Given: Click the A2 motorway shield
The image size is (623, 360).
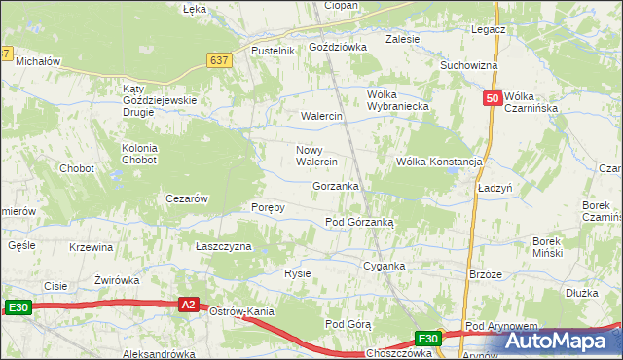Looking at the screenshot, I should pyautogui.click(x=191, y=306).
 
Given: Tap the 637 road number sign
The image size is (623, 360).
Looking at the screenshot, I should pyautogui.click(x=219, y=60).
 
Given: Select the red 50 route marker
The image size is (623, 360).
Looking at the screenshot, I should pyautogui.click(x=493, y=98).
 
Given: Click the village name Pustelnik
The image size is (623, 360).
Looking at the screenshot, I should pyautogui.click(x=273, y=51).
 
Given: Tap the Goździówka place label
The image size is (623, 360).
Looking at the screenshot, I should pyautogui.click(x=337, y=46).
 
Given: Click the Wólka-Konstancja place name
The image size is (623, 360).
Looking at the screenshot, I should pyautogui.click(x=439, y=162).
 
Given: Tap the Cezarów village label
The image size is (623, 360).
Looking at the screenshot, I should pyautogui.click(x=187, y=198).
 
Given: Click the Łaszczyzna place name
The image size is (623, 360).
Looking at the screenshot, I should pyautogui.click(x=224, y=246).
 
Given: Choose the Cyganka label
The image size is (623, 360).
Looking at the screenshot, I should pyautogui.click(x=384, y=265).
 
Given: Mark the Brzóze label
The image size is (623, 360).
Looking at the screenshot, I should pyautogui.click(x=485, y=274).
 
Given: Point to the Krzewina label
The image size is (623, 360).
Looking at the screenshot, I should pyautogui.click(x=92, y=247).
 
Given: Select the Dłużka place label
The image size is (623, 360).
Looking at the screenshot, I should pyautogui.click(x=581, y=291).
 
